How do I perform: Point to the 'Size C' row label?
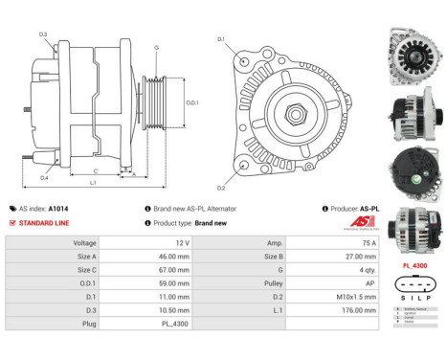click(x=84, y=270)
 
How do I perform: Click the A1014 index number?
click(x=58, y=208)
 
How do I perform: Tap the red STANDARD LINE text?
click(x=44, y=222)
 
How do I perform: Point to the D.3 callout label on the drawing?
click(x=44, y=35)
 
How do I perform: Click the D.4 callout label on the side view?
click(x=44, y=178)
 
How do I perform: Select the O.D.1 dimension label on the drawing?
click(x=191, y=102)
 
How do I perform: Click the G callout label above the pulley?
click(x=156, y=48)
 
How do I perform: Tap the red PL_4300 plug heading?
click(x=413, y=264)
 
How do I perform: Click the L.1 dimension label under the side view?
click(x=93, y=181)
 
